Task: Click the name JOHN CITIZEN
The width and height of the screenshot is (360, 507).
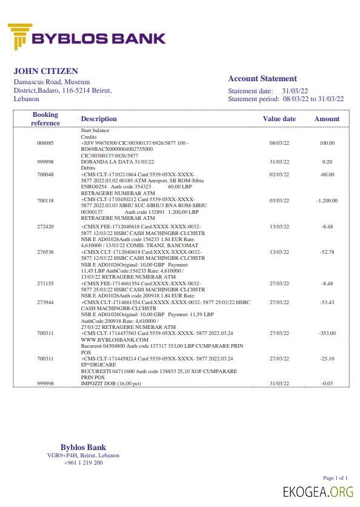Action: pos(46,71)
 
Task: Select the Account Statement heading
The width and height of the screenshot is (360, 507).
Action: pos(262,79)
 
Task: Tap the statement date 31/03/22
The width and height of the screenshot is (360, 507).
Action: pos(297,91)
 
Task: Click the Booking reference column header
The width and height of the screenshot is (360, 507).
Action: pos(45,119)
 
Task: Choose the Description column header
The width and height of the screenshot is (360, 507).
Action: pos(99,119)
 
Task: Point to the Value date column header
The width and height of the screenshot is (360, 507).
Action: pos(279,119)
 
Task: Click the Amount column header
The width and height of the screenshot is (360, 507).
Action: pos(327,119)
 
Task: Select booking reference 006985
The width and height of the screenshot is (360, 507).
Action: pos(45,144)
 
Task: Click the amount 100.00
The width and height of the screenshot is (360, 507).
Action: pos(327,144)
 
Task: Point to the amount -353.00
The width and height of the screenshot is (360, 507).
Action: pos(327,333)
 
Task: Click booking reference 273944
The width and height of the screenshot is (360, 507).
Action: pos(45,302)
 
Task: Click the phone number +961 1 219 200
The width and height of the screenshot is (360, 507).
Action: pos(83,463)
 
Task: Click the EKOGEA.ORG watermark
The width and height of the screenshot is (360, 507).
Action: pos(318,492)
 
